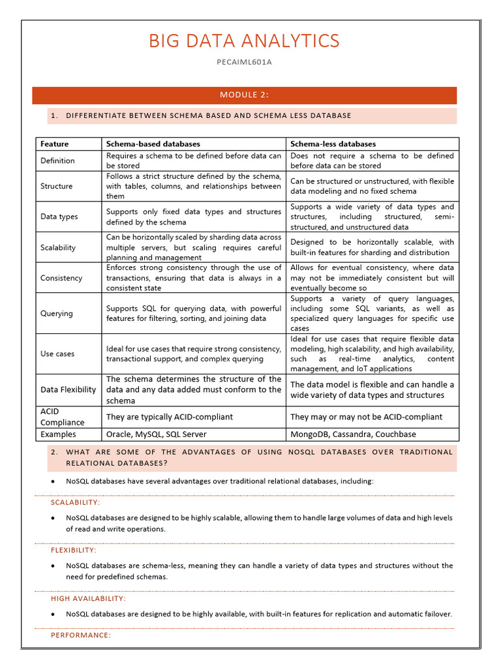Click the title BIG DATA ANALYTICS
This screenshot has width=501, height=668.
(244, 41)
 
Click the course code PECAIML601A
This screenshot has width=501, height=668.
(244, 62)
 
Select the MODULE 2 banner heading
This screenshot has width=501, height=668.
(244, 95)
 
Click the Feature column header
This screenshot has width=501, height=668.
(54, 144)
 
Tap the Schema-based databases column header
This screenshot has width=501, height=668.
(153, 144)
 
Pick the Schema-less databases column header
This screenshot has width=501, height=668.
(333, 144)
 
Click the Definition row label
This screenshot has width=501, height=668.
(57, 160)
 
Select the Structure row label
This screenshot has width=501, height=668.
(57, 186)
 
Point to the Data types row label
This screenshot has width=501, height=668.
(59, 217)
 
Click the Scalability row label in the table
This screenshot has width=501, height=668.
(58, 247)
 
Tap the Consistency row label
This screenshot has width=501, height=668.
(61, 278)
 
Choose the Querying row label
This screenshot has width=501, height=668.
(57, 313)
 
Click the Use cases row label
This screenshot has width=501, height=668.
(57, 354)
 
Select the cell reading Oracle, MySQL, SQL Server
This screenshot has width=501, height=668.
(156, 434)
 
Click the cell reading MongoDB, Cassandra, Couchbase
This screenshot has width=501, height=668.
(353, 434)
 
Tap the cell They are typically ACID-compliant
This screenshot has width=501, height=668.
(169, 416)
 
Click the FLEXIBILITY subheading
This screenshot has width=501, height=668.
(74, 550)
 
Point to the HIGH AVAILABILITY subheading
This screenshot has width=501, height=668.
(88, 598)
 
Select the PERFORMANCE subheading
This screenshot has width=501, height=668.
(81, 635)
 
